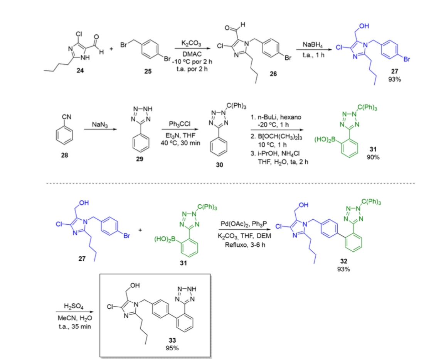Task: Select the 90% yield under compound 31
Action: coord(373,157)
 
